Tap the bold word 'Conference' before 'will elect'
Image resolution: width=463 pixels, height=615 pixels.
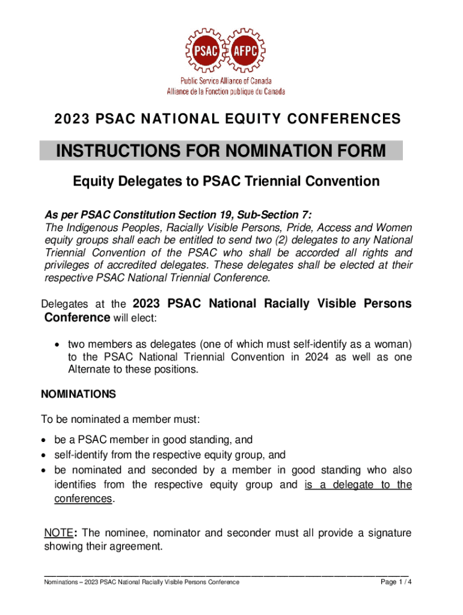(77, 317)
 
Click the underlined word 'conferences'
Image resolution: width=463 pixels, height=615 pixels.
(79, 499)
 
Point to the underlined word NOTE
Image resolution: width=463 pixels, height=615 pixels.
(58, 533)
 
